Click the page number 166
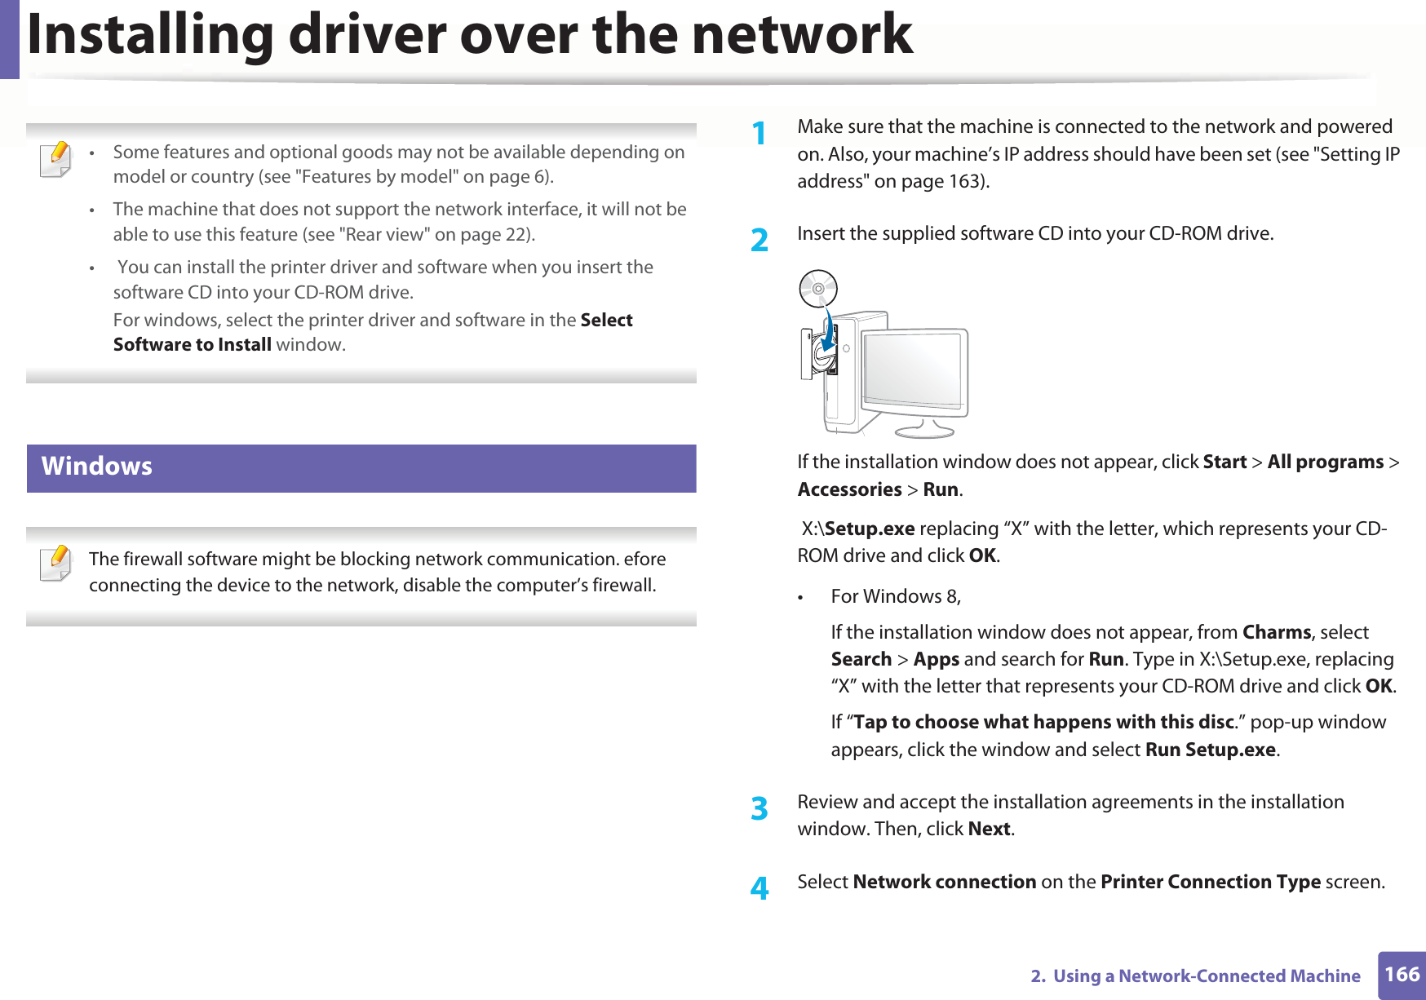(1402, 975)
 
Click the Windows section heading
(97, 467)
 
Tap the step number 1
(759, 133)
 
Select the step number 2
(759, 240)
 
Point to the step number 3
(759, 808)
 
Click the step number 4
(759, 888)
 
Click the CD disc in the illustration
(817, 289)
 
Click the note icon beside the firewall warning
(55, 564)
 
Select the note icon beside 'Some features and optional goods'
(55, 159)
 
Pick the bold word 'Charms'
(1276, 632)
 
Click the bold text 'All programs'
(1325, 462)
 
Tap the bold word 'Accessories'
(849, 489)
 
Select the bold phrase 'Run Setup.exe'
(1210, 750)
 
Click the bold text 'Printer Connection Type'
(1210, 882)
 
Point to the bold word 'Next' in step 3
(989, 829)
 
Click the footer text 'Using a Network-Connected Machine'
(1206, 976)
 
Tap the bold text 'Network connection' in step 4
(944, 882)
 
